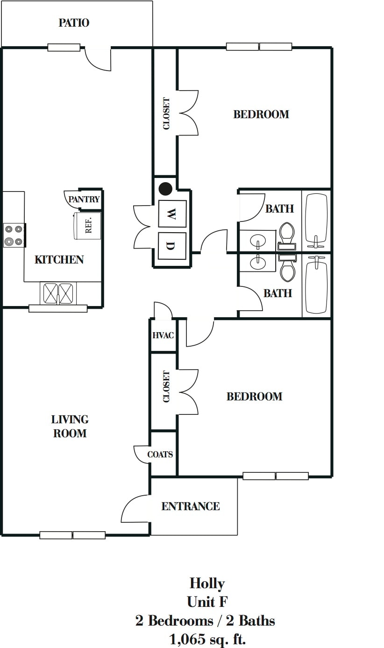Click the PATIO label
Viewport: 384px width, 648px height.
74,23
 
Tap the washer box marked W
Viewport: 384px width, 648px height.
172,214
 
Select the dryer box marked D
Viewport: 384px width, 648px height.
172,246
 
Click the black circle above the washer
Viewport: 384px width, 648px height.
165,189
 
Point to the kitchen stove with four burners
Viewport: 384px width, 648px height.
14,235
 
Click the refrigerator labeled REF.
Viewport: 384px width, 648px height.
88,226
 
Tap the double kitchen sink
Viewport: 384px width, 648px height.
59,293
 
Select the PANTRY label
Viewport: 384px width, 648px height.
84,199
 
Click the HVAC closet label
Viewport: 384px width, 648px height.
163,335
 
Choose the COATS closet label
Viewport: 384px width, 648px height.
160,454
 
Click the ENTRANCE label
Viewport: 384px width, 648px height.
190,506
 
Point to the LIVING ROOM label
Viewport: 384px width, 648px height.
70,427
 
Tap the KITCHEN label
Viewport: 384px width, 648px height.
59,260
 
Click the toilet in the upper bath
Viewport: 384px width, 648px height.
286,233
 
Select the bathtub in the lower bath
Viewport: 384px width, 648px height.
316,287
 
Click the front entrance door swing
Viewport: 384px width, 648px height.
135,509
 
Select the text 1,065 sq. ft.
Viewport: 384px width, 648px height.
207,639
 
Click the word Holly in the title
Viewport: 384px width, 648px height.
207,583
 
